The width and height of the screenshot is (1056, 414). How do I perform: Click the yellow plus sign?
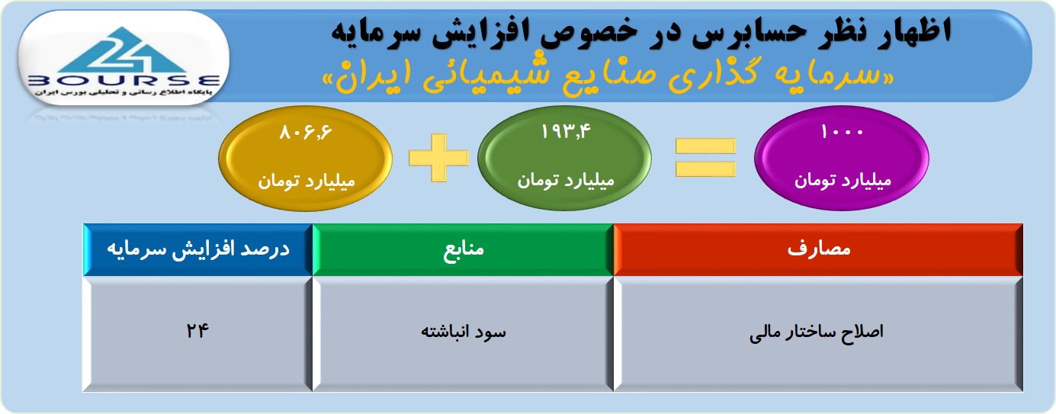(x=438, y=158)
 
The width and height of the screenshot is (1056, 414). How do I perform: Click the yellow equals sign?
(x=705, y=158)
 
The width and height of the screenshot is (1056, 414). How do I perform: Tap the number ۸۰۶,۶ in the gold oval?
(x=306, y=133)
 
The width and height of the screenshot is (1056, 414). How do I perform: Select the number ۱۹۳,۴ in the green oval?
(x=565, y=131)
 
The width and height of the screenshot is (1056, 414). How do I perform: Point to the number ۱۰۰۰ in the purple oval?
(x=842, y=132)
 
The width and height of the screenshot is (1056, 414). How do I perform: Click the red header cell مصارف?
(x=818, y=249)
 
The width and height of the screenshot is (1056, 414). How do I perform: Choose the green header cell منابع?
(x=463, y=249)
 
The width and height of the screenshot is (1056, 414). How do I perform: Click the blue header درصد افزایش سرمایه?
(x=198, y=249)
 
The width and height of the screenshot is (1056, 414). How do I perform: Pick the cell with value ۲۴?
(x=198, y=334)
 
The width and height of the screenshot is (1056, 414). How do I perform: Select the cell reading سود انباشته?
(x=463, y=334)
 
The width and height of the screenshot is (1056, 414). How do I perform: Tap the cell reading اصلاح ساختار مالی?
(x=818, y=334)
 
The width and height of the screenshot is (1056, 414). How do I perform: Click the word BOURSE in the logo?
(x=124, y=81)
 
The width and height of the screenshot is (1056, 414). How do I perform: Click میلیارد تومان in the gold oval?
(x=306, y=181)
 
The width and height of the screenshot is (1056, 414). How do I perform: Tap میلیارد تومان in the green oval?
(x=566, y=181)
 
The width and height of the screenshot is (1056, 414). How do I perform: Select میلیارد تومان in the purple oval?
(x=843, y=181)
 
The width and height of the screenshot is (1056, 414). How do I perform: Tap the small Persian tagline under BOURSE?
(x=124, y=92)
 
